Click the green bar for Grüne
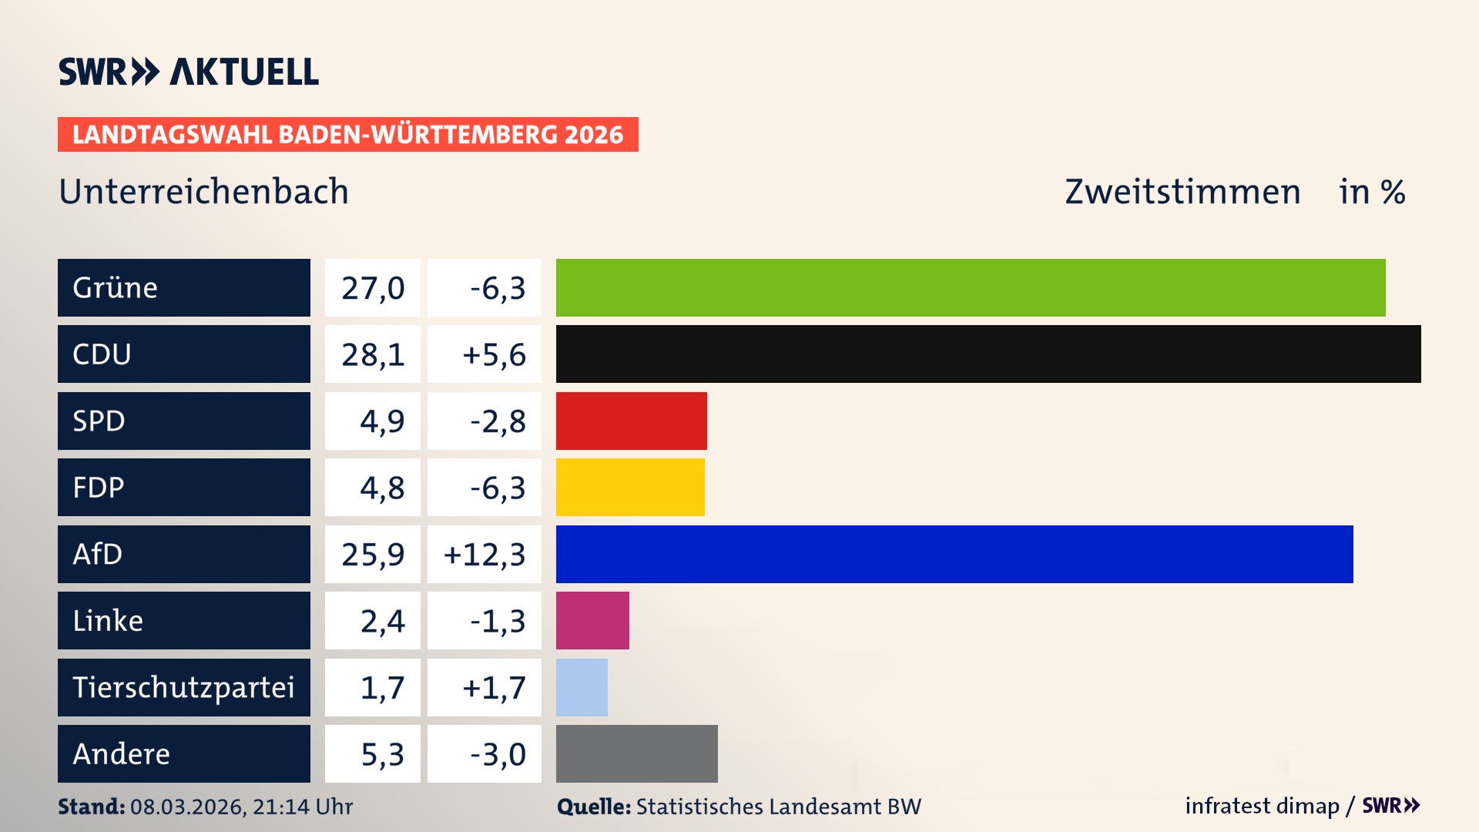point(971,287)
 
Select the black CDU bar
point(988,354)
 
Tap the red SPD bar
point(631,421)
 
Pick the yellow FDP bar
point(630,487)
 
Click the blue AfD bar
point(954,554)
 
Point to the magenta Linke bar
point(592,620)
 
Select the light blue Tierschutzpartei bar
point(582,687)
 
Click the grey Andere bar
point(636,753)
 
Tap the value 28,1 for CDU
point(373,354)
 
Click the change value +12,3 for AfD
point(485,555)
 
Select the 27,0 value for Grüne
point(373,288)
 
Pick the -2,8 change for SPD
point(498,421)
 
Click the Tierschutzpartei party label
point(183,687)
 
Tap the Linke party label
point(108,620)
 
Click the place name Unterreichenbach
point(203,192)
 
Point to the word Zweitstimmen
point(1182,192)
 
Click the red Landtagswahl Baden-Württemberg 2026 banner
point(347,135)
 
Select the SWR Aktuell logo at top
point(188,72)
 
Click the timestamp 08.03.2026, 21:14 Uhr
point(241,807)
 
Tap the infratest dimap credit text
point(1262,806)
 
